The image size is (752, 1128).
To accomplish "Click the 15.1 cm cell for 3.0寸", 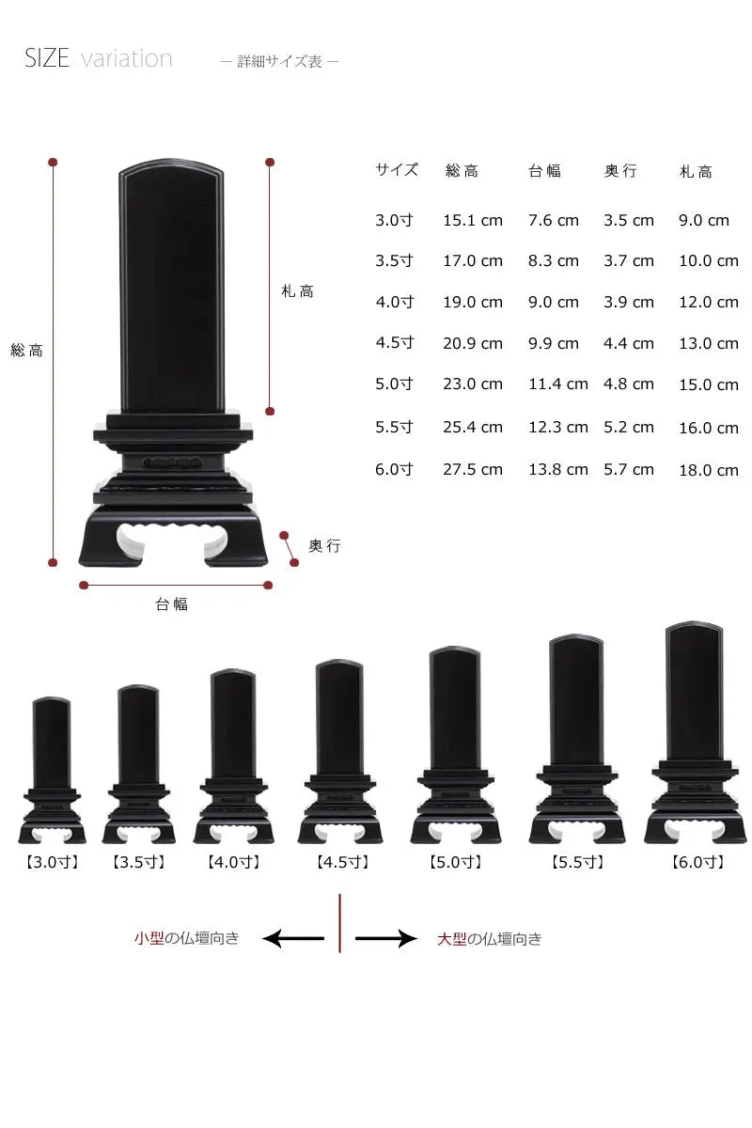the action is point(473,220).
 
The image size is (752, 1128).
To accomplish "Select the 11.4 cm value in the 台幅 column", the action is point(557,384).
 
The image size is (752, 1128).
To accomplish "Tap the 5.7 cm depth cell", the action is point(629,469).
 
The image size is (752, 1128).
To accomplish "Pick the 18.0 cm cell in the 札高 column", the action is point(709,470).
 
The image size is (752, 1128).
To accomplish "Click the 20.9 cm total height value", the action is point(473,343).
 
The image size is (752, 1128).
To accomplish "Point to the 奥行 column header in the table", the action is point(620,171).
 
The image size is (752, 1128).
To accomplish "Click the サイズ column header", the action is point(397,170).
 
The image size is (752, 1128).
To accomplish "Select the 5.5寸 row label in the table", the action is point(394,427).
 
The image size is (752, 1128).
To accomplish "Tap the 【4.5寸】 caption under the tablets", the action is point(342,862).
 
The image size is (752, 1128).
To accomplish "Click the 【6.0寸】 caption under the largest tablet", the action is point(698,862).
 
